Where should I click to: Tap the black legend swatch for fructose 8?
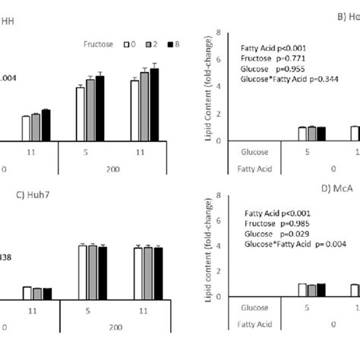click(x=169, y=44)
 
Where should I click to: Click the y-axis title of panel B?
click(x=206, y=87)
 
